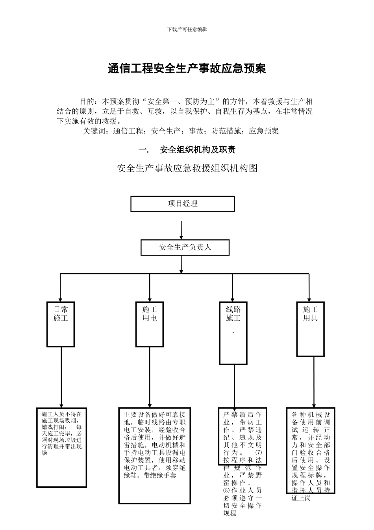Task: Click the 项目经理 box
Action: tap(183, 204)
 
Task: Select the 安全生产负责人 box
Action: tap(185, 247)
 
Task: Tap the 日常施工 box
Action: tap(61, 324)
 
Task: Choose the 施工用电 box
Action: tap(150, 324)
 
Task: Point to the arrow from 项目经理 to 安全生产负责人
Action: tap(181, 230)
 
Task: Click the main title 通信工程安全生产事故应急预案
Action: tap(187, 69)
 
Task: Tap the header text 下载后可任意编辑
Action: tap(187, 30)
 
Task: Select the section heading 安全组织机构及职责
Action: tap(197, 150)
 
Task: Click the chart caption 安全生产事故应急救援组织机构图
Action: tap(187, 168)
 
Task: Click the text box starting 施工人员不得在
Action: tap(62, 447)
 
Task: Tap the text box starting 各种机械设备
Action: tap(311, 450)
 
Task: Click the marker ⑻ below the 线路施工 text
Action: tap(226, 491)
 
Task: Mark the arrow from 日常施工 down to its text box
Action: tap(61, 377)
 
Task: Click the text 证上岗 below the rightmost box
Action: tap(301, 498)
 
